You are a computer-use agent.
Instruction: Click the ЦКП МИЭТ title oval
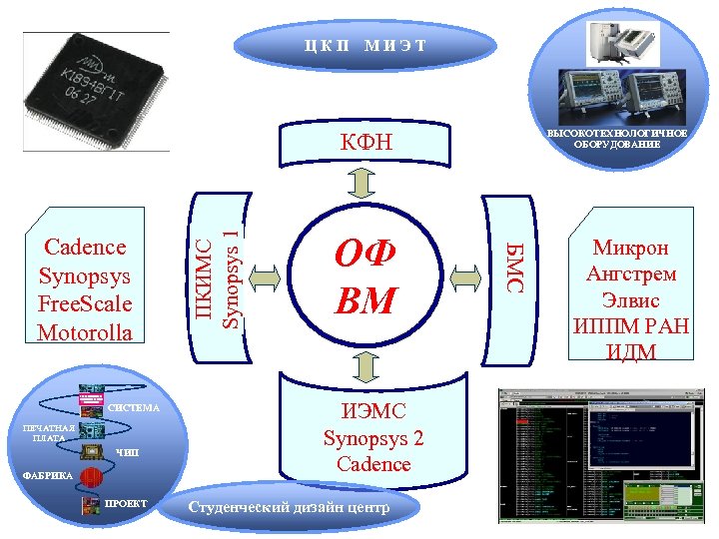pos(364,45)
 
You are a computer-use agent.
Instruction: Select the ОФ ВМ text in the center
pos(366,277)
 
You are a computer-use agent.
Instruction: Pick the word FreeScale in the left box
pos(85,303)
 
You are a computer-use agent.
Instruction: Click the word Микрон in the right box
pos(631,249)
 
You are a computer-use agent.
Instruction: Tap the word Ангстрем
pos(632,273)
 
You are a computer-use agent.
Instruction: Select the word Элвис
pos(632,299)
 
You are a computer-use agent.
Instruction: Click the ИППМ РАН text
pos(632,324)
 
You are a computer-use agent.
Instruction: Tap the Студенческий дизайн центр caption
pos(289,507)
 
